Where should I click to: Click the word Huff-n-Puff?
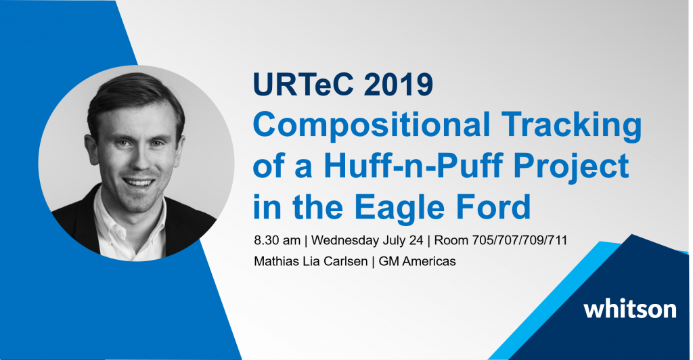coord(413,166)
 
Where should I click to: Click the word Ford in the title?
coord(489,206)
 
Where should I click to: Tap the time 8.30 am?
coord(277,241)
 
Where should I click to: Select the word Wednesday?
coord(345,241)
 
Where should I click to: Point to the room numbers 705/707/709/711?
coord(520,241)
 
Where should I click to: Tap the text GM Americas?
coord(417,261)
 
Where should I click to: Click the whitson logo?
coord(630,309)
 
